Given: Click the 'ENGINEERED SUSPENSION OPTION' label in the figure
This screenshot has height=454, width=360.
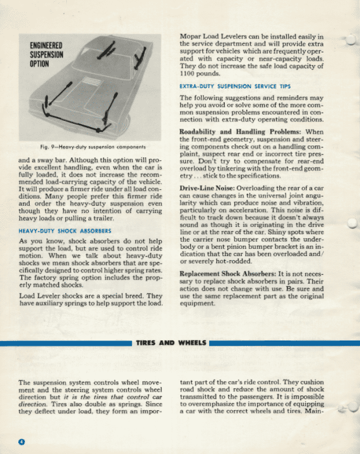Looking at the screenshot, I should click(x=47, y=54).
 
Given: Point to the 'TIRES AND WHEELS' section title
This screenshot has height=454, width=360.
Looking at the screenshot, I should click(x=171, y=343).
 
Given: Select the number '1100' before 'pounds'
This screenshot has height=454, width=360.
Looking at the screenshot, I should click(x=189, y=75).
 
